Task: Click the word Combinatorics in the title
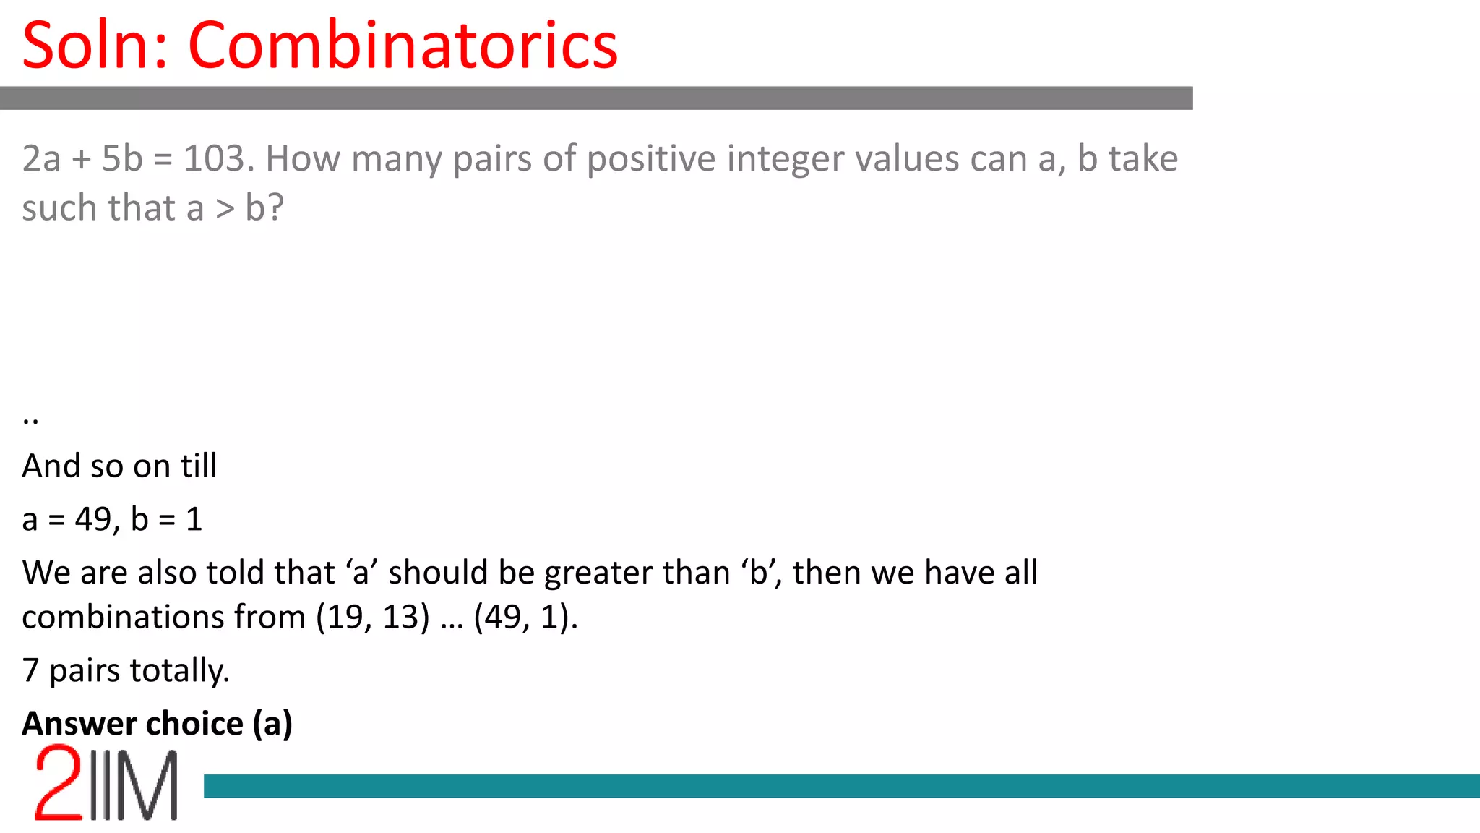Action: coord(403,45)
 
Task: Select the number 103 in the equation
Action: coord(218,158)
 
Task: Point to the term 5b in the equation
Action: coord(122,158)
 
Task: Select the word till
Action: coord(199,466)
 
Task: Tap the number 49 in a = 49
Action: coord(92,519)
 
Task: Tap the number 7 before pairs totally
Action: coord(30,670)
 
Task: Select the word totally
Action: coord(179,671)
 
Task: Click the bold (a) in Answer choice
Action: coord(272,724)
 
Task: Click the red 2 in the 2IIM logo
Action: coord(58,784)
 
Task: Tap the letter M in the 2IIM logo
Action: coord(150,785)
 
